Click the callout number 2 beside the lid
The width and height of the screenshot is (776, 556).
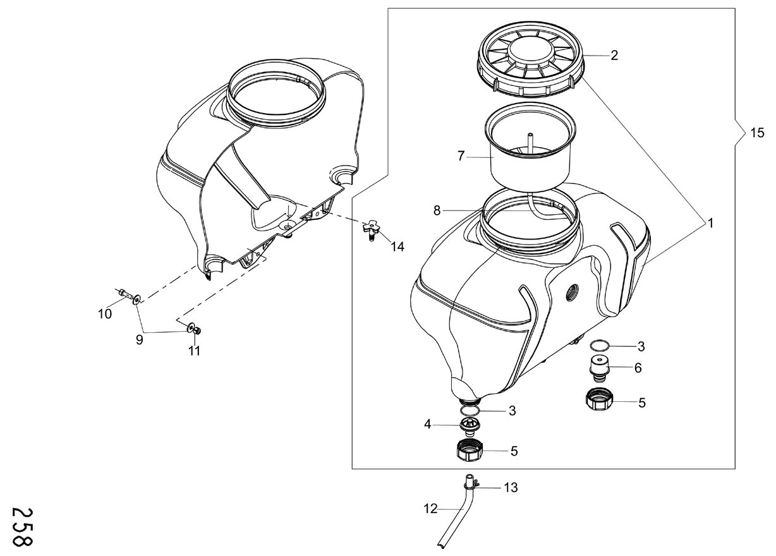[x=614, y=56]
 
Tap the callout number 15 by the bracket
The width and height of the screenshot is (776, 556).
[x=757, y=133]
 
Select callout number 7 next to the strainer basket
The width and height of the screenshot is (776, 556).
[x=461, y=156]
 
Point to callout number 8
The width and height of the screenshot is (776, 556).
[x=437, y=210]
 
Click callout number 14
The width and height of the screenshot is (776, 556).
[x=397, y=246]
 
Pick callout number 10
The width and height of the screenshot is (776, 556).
[x=105, y=314]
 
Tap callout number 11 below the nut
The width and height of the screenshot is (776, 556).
[x=194, y=351]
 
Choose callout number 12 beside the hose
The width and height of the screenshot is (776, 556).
[x=430, y=509]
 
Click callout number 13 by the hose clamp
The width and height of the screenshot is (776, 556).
[x=511, y=487]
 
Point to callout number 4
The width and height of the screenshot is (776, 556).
[x=427, y=424]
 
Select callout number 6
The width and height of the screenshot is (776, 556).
[x=638, y=368]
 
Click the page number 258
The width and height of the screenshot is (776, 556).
[x=22, y=526]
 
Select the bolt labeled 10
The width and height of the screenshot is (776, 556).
[x=125, y=294]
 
